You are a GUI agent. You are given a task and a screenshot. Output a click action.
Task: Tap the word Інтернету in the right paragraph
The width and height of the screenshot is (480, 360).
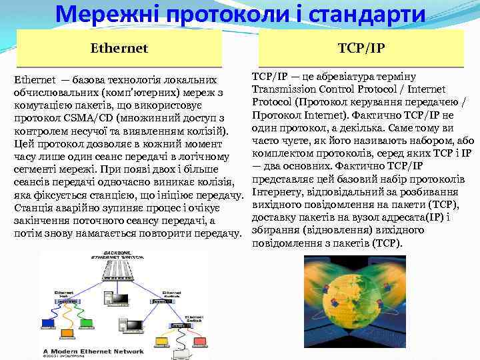pyautogui.click(x=278, y=193)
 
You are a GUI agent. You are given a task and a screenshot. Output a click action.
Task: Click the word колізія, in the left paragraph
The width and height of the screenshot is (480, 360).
pyautogui.click(x=216, y=181)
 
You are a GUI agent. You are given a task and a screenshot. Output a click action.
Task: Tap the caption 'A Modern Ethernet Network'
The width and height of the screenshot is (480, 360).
pyautogui.click(x=93, y=351)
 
